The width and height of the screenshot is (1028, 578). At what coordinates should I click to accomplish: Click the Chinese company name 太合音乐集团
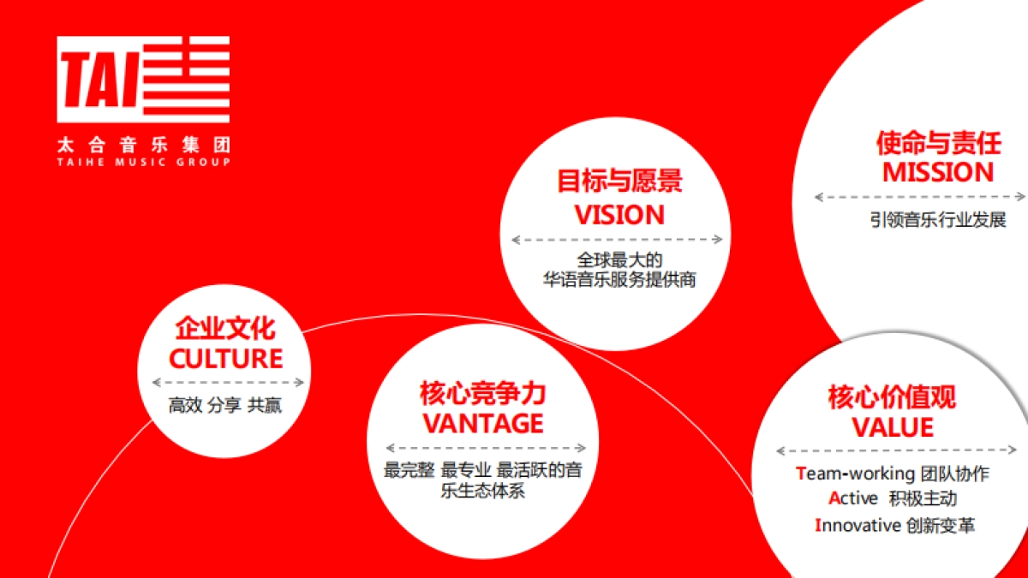(x=143, y=145)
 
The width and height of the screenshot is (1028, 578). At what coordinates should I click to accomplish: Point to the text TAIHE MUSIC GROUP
(x=143, y=162)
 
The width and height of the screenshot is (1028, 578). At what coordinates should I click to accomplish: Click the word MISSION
(x=938, y=173)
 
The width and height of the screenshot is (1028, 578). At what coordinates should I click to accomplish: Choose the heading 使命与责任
(x=938, y=142)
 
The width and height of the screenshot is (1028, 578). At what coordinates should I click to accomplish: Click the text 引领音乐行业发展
(x=938, y=220)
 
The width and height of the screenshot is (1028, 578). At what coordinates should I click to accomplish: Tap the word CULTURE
(x=226, y=358)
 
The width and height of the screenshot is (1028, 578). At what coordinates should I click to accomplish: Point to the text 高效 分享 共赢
(x=225, y=406)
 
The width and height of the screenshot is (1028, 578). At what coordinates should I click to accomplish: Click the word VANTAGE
(x=483, y=423)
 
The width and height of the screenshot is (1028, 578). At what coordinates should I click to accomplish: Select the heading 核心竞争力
(x=483, y=393)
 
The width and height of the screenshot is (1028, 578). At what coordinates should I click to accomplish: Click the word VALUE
(x=892, y=426)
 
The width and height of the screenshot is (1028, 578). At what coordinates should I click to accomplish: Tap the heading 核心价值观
(x=892, y=397)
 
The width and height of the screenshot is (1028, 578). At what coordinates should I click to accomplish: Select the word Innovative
(x=858, y=526)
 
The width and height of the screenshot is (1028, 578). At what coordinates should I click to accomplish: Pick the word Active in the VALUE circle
(x=853, y=498)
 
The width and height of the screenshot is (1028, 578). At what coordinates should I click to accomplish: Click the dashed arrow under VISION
(x=617, y=240)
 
